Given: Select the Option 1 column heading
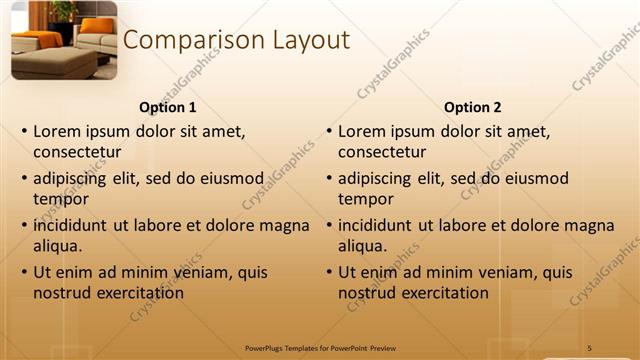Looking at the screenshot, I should (167, 107).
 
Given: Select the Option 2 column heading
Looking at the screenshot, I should (472, 107).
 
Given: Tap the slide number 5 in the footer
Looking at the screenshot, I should (589, 347).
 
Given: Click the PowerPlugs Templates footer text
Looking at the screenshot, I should (321, 347).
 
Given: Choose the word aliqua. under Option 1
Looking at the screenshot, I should (57, 246).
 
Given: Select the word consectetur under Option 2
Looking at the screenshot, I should (382, 152).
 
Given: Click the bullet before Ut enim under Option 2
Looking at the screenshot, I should (328, 272).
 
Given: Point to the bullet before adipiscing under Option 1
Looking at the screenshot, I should (23, 179).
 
